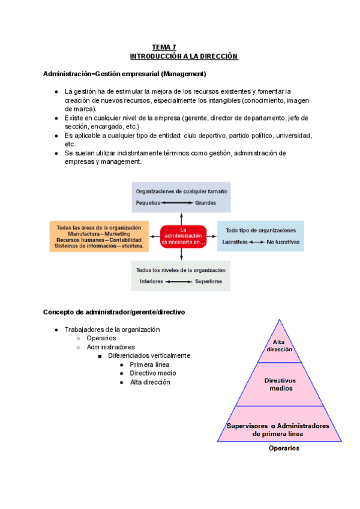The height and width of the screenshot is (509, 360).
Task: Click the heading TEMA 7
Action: pos(164,47)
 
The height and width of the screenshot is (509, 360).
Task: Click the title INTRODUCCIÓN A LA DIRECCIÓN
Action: pos(184,56)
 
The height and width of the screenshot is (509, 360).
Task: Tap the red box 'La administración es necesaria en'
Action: pos(184,236)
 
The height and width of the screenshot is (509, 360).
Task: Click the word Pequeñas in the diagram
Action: pos(148,203)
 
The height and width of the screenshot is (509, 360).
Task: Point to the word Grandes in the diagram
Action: pos(206,203)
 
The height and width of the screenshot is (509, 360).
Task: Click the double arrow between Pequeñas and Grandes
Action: pos(177,203)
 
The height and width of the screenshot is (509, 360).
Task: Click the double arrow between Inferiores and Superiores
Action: pos(178,281)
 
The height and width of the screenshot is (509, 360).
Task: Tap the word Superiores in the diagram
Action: pos(209,281)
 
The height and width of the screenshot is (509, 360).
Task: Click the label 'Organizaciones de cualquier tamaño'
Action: pos(182,191)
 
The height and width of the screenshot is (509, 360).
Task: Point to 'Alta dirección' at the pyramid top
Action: pos(279,346)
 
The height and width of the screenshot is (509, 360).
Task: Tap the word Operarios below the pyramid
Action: pos(284,448)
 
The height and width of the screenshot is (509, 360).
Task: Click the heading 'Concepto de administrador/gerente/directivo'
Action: pos(114,313)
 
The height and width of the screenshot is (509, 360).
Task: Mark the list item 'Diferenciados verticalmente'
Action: pos(149,355)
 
